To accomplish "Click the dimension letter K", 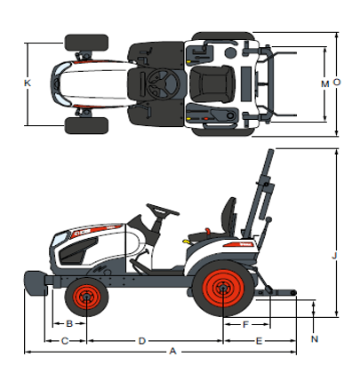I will pyautogui.click(x=28, y=83).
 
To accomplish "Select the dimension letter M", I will pyautogui.click(x=324, y=83).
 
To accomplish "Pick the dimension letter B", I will pyautogui.click(x=69, y=323).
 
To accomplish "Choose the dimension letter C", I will pyautogui.click(x=65, y=340).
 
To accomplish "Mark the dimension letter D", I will pyautogui.click(x=142, y=340).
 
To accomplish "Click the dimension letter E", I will pyautogui.click(x=259, y=340).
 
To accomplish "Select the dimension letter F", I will pyautogui.click(x=245, y=323).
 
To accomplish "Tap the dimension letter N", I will pyautogui.click(x=315, y=339).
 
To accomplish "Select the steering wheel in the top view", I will pyautogui.click(x=162, y=83).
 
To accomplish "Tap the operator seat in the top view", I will pyautogui.click(x=211, y=84).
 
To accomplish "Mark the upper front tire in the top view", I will pyautogui.click(x=86, y=42).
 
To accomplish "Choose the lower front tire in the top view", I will pyautogui.click(x=86, y=125).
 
